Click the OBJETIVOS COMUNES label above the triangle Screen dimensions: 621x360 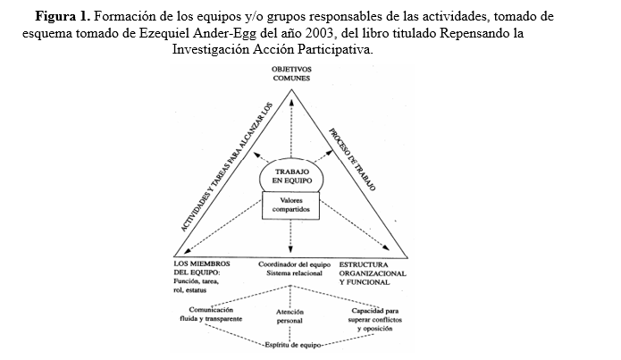point(291,73)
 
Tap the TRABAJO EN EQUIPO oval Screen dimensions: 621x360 point(291,176)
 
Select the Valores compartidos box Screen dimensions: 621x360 point(290,205)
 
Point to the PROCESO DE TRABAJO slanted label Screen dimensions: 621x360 point(352,159)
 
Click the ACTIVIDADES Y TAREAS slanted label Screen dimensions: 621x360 point(227,167)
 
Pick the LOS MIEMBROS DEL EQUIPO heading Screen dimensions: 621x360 point(202,268)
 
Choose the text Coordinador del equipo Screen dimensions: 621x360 point(294,264)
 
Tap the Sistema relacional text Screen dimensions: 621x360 point(294,273)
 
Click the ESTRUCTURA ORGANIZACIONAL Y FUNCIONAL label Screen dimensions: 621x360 point(373,273)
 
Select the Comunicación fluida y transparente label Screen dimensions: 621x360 point(211,314)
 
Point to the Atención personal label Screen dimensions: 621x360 point(290,316)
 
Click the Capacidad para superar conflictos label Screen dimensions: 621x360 point(375,320)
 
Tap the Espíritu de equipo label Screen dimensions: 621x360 point(293,345)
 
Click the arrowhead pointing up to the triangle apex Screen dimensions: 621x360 point(291,102)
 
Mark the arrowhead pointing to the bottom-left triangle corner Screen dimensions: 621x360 point(188,250)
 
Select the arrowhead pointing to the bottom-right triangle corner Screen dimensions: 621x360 point(386,247)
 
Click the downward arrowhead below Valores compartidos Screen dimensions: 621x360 point(290,248)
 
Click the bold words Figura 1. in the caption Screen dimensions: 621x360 point(63,16)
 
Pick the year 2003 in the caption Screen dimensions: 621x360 point(321,33)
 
